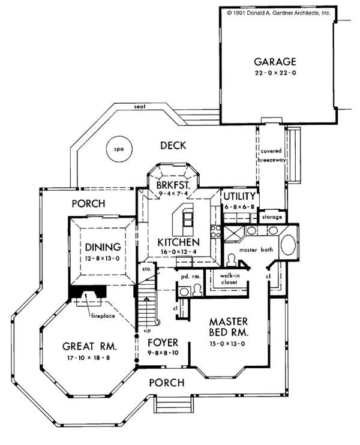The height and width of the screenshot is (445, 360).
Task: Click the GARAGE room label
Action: pyautogui.click(x=275, y=62)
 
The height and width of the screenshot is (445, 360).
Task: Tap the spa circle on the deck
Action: pyautogui.click(x=119, y=149)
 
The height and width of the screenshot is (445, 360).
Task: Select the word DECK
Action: pyautogui.click(x=173, y=145)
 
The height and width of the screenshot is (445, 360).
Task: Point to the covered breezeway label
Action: pyautogui.click(x=272, y=155)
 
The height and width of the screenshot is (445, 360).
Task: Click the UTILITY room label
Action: pyautogui.click(x=239, y=196)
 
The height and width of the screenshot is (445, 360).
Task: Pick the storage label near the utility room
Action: pyautogui.click(x=272, y=217)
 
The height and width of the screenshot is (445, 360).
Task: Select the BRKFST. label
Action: pyautogui.click(x=173, y=185)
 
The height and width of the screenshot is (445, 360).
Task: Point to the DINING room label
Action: pyautogui.click(x=103, y=247)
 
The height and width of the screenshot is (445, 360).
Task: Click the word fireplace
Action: pyautogui.click(x=103, y=315)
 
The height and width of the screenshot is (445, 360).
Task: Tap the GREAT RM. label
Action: pyautogui.click(x=89, y=346)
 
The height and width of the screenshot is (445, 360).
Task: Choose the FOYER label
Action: pyautogui.click(x=163, y=342)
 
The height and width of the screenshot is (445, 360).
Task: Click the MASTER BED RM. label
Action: pyautogui.click(x=229, y=327)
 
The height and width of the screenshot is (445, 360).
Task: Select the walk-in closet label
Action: pyautogui.click(x=229, y=279)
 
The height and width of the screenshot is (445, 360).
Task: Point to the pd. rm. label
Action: pyautogui.click(x=191, y=276)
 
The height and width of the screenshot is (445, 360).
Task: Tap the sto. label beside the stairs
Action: pyautogui.click(x=147, y=269)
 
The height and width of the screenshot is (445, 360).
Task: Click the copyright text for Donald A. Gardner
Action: pyautogui.click(x=278, y=13)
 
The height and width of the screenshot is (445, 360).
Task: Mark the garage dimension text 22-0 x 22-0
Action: pyautogui.click(x=275, y=73)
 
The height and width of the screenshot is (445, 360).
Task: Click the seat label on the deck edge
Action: pyautogui.click(x=140, y=106)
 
